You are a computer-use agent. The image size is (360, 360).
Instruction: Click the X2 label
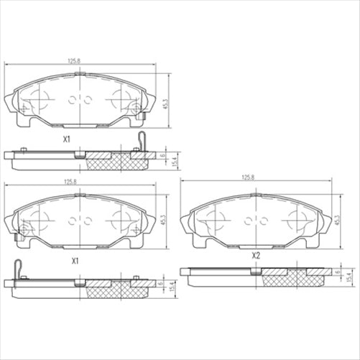(255, 256)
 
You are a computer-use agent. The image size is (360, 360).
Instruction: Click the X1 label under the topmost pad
(65, 139)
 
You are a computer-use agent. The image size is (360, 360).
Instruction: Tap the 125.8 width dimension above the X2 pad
(248, 177)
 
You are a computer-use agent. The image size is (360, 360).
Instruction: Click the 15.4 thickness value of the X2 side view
(350, 277)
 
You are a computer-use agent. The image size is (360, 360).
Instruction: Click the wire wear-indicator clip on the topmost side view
(141, 141)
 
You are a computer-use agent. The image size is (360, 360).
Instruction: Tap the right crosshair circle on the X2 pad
(296, 221)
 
